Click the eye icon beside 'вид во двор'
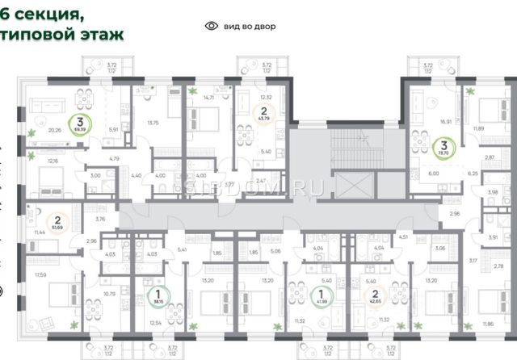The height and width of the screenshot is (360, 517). click(x=212, y=26)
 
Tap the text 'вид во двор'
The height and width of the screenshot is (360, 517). click(x=246, y=26)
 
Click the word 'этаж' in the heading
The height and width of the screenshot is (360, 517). click(x=103, y=36)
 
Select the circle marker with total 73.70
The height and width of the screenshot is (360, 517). click(x=443, y=149)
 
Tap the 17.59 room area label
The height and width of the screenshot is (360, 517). click(x=40, y=276)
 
